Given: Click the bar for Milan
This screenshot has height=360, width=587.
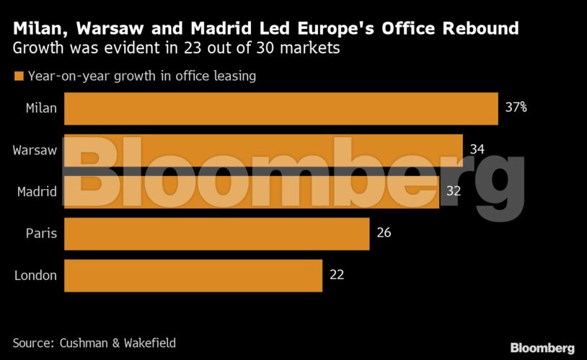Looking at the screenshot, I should [281, 108].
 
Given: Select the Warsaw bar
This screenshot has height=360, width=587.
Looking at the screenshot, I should [263, 150].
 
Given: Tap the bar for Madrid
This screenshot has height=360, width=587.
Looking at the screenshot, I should [252, 191].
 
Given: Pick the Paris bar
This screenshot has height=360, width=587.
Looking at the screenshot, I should [216, 233].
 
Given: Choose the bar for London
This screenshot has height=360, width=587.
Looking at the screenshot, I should [193, 275].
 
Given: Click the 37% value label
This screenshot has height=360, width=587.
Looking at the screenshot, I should [516, 108].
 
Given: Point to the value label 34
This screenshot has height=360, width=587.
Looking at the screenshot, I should [477, 150].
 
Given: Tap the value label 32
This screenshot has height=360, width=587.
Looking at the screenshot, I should [453, 191].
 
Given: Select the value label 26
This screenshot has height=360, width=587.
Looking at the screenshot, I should [384, 233].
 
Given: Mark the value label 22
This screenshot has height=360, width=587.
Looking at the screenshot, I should [336, 275].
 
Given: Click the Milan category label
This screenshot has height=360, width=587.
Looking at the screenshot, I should [41, 108].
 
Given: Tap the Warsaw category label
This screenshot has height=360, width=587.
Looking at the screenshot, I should [35, 150].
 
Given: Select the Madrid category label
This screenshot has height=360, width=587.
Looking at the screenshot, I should [37, 191].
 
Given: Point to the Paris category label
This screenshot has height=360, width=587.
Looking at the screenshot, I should [42, 233].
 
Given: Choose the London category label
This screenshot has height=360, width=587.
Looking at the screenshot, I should [36, 275].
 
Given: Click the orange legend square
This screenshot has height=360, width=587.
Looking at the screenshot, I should [19, 76].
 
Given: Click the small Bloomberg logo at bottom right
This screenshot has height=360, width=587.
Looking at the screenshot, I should [542, 348].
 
